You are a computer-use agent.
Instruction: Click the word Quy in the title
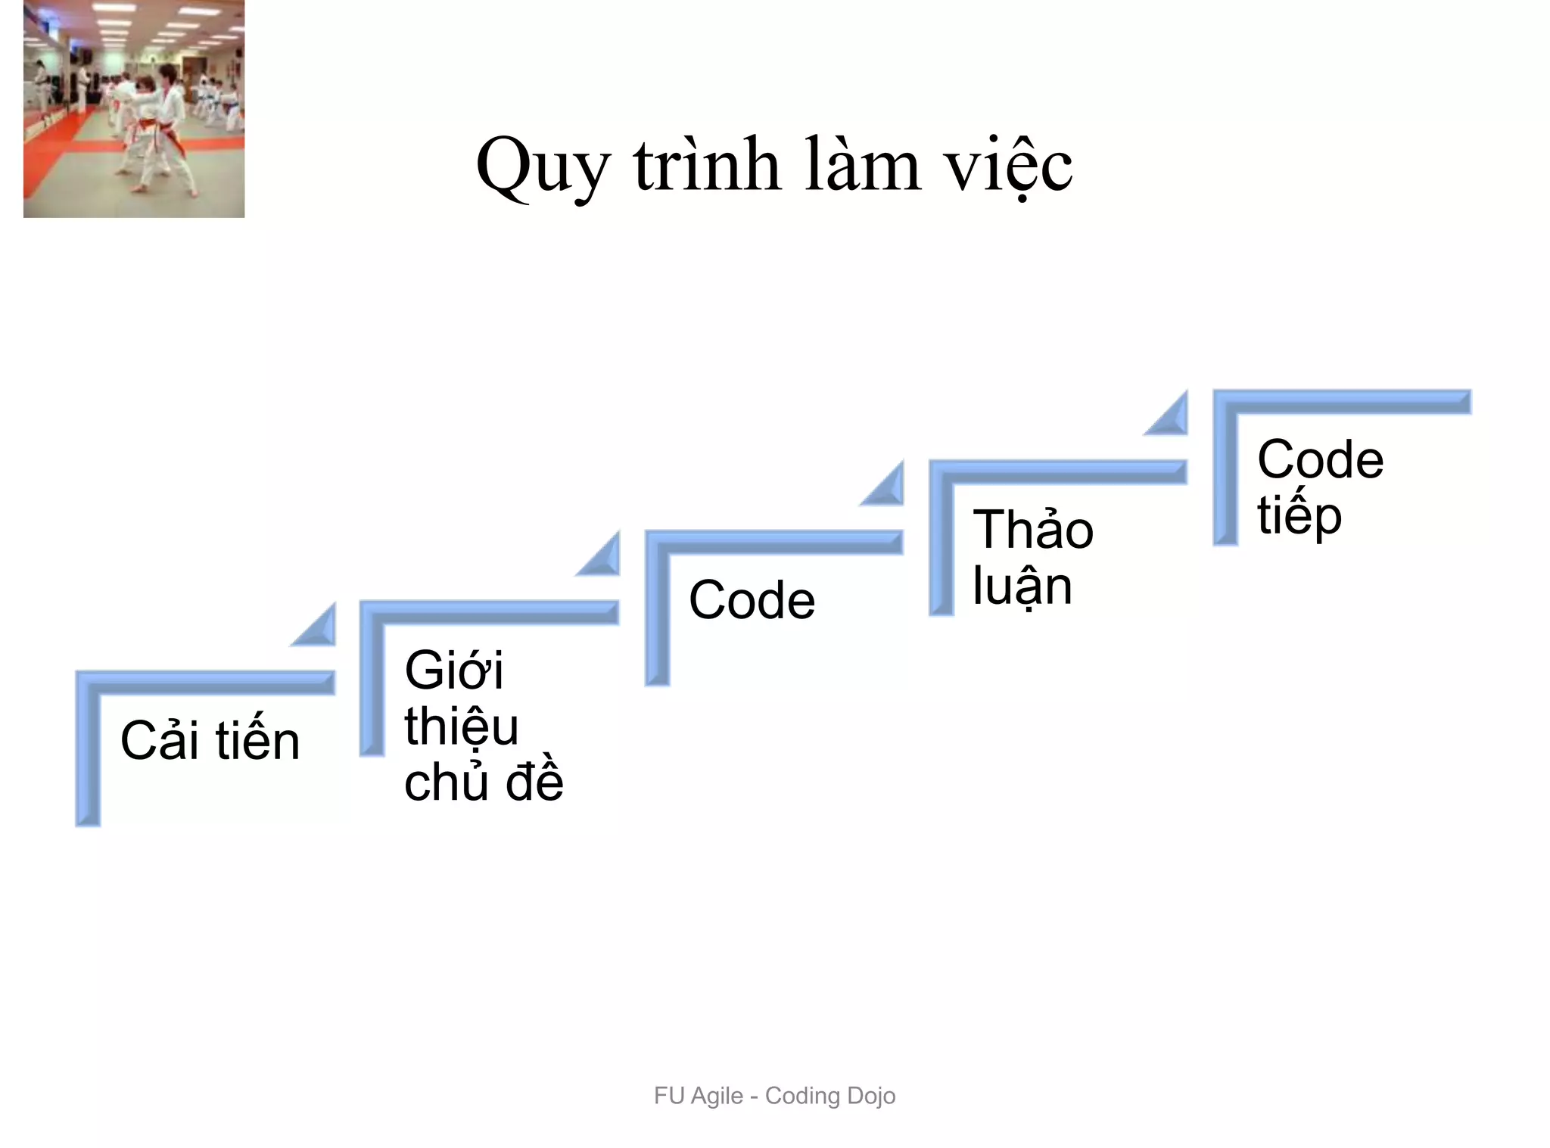(542, 166)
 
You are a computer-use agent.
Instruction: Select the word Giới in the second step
(453, 670)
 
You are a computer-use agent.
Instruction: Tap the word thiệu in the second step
(461, 726)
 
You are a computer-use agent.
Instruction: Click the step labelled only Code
(752, 600)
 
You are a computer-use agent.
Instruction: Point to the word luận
(1022, 586)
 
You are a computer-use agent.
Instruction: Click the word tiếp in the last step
(1299, 517)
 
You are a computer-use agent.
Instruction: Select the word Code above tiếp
(1320, 459)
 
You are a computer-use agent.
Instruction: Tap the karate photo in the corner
(134, 109)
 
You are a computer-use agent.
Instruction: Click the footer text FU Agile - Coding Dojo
(774, 1095)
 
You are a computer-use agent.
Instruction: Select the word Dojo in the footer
(871, 1095)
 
